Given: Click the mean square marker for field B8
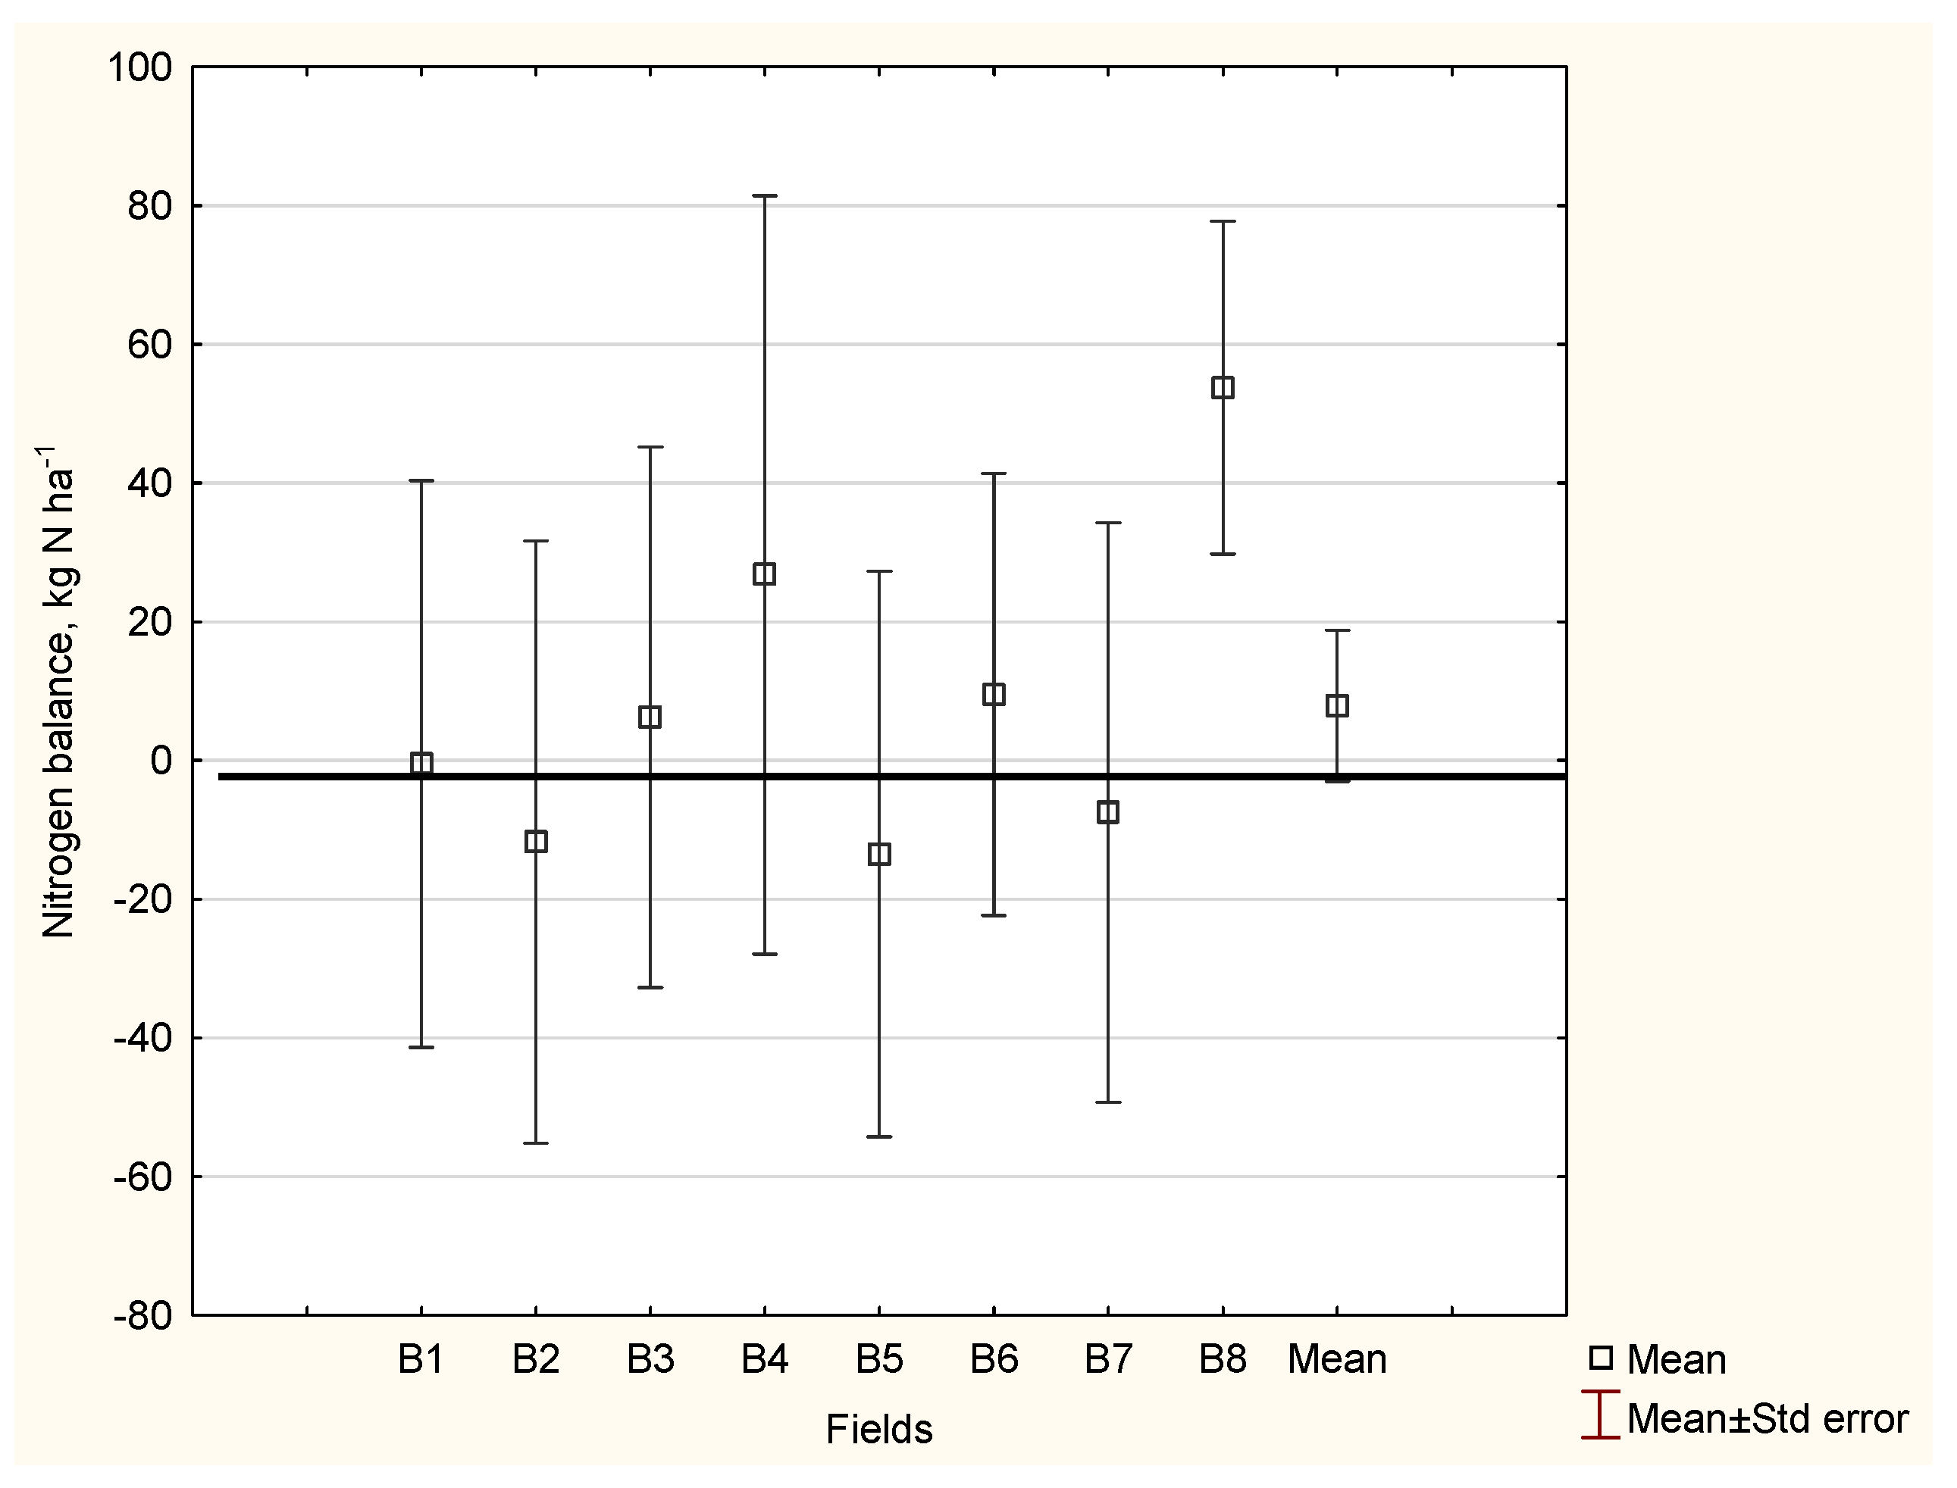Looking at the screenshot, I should pos(1223,387).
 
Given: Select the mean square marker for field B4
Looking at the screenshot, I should pos(765,574).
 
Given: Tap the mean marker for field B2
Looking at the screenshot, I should pos(536,840).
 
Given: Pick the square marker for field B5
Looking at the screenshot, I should pos(879,854).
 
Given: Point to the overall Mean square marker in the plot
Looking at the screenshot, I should pos(1337,705).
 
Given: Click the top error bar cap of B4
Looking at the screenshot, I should pos(765,195).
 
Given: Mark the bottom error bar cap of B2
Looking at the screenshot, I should pos(536,1143).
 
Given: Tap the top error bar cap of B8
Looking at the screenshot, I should pos(1223,221).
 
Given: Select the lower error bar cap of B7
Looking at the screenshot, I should pos(1108,1102).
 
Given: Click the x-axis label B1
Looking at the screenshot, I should pos(421,1358).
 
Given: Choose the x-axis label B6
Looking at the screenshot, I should pos(994,1358).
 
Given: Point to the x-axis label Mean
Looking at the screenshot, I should pos(1337,1358).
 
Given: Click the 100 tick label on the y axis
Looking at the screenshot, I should pos(140,67).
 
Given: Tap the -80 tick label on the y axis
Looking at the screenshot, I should pos(142,1316).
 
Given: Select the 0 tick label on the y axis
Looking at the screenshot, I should pos(161,761).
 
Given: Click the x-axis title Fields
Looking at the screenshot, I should pos(879,1429).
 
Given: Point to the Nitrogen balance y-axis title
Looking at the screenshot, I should pos(58,691).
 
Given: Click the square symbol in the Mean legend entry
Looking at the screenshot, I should pos(1601,1358).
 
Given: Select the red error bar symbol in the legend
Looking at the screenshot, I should pos(1600,1415).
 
